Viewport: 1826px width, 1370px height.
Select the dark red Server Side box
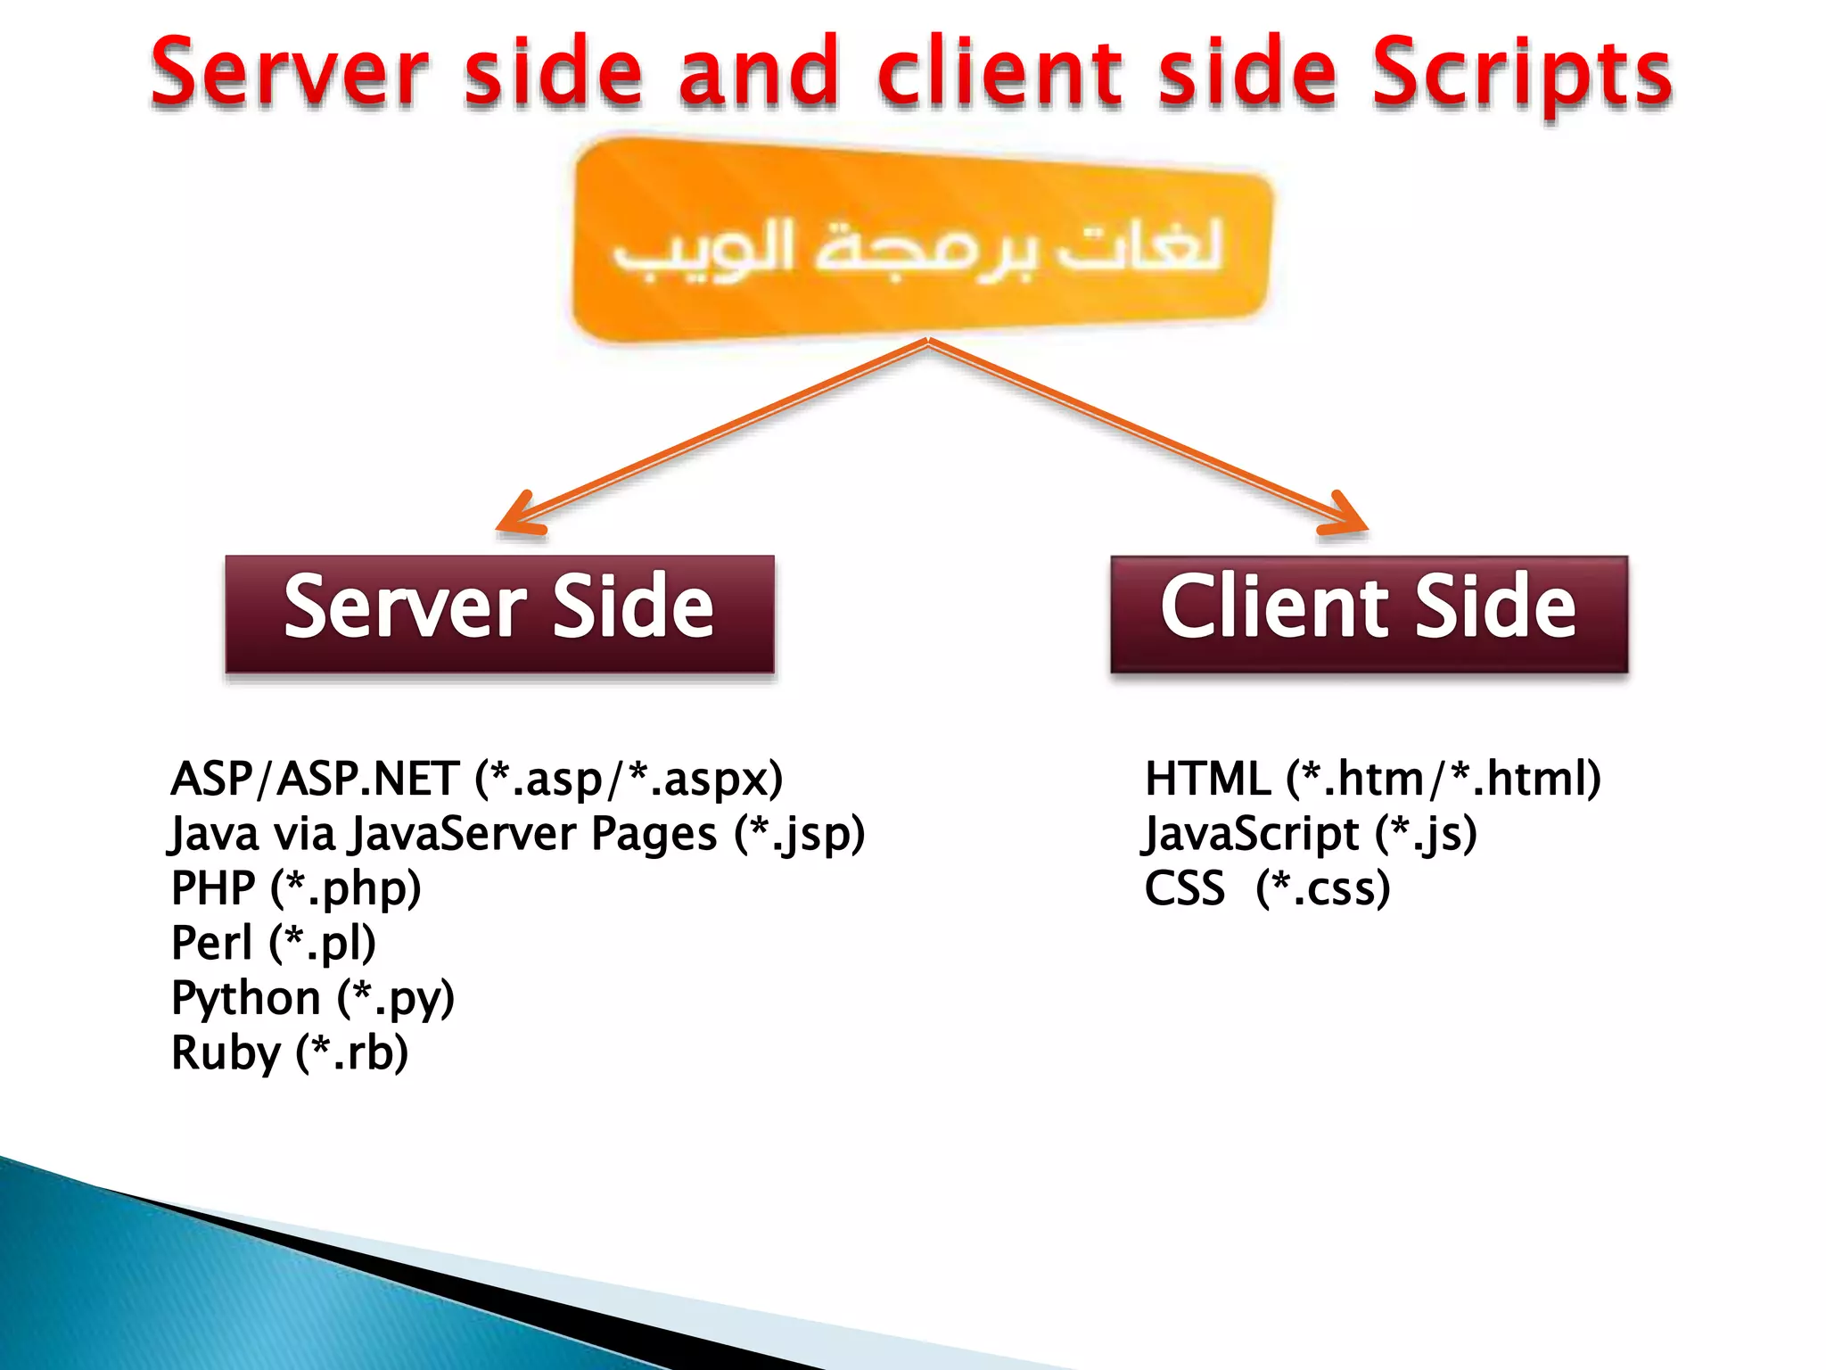pos(499,614)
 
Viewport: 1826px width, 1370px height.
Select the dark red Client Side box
pos(1369,614)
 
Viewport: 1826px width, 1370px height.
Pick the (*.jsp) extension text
pos(800,835)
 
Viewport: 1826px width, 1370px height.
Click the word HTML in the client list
pos(1207,778)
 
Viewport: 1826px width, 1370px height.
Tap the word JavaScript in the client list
pos(1250,835)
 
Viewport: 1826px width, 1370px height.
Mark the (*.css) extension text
pos(1323,888)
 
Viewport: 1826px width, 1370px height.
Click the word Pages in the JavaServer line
pos(654,835)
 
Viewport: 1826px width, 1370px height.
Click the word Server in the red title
pos(291,73)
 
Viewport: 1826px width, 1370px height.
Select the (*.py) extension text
pos(396,998)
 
